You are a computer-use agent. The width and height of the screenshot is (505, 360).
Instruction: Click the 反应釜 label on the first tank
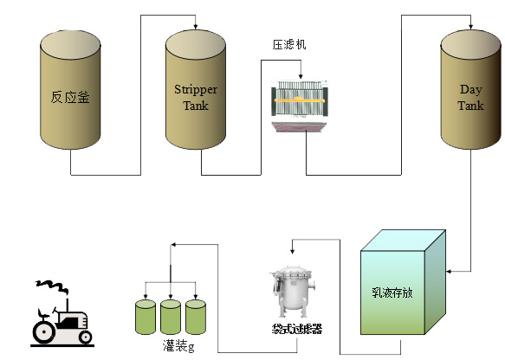tap(71, 96)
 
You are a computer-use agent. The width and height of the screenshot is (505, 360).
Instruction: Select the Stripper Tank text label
tap(196, 97)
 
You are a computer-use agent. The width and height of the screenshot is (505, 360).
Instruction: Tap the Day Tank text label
tap(471, 97)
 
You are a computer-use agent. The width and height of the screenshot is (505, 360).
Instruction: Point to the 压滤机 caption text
tap(289, 43)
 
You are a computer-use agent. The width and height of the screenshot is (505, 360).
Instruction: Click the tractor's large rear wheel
tap(46, 331)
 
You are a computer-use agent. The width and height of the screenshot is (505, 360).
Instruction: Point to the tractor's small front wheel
tap(83, 336)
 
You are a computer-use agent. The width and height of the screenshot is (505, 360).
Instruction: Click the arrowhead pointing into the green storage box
tap(449, 270)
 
